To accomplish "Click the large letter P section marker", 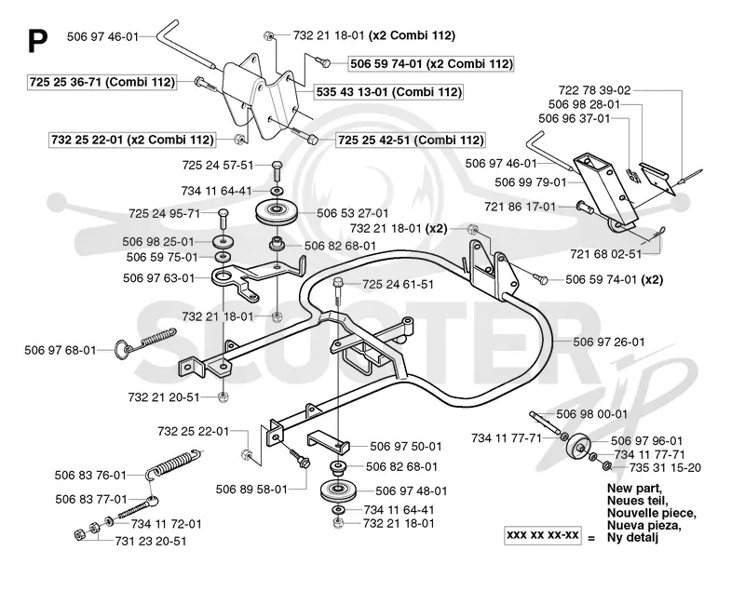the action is click(38, 41).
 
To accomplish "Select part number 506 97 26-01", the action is click(609, 342).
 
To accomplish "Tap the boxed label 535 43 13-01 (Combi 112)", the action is click(388, 91).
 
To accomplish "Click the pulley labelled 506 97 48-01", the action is click(338, 491).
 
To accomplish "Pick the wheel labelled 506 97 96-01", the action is click(578, 447).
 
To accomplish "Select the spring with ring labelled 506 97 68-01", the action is click(145, 342).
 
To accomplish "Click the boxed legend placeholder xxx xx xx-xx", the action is click(542, 535).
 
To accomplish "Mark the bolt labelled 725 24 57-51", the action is click(277, 170).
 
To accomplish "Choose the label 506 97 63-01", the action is click(158, 277).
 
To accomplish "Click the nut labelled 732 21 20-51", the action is click(222, 397).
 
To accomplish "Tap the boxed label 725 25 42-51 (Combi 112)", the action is click(410, 140).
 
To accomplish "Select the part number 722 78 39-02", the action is click(594, 90).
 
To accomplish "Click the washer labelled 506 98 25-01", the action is click(223, 241).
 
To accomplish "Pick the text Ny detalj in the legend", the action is click(632, 538).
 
